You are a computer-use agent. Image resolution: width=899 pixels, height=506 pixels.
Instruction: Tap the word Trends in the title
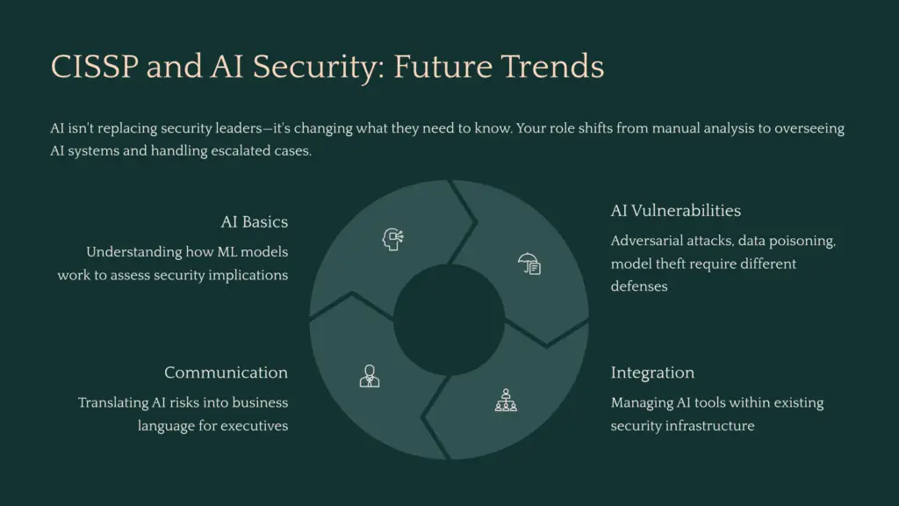(559, 67)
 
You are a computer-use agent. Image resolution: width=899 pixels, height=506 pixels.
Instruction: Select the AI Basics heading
(254, 221)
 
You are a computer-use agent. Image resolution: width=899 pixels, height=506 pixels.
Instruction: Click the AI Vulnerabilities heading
(675, 211)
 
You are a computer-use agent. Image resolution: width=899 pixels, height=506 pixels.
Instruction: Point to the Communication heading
(226, 372)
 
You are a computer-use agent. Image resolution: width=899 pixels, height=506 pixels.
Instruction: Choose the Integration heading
(652, 372)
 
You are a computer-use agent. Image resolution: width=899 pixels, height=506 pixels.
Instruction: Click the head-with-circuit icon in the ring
(392, 239)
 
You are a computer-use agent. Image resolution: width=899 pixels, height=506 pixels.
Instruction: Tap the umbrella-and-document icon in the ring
(529, 263)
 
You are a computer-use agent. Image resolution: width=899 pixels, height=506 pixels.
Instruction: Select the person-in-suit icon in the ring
(370, 376)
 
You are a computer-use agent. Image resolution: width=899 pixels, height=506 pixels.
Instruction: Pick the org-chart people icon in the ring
(506, 401)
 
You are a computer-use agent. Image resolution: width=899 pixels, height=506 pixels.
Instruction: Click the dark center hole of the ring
(449, 320)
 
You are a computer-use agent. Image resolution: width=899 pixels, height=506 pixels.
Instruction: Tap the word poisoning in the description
(803, 241)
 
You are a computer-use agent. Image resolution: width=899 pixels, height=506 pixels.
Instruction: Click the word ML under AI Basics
(224, 252)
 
